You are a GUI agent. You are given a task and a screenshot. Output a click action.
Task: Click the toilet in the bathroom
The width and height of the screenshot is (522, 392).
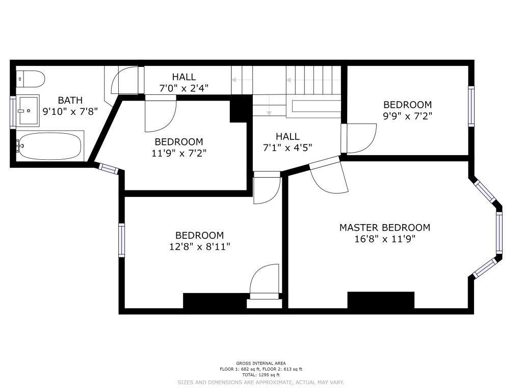click(30, 79)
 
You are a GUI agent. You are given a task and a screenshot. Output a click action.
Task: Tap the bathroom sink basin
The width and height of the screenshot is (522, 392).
click(28, 110)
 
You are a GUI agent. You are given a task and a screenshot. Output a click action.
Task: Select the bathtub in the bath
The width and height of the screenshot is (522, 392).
click(49, 146)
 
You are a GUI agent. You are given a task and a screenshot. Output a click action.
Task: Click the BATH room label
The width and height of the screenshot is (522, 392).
click(70, 100)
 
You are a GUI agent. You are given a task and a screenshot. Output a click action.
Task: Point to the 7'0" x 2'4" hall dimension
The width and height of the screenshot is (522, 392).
click(184, 88)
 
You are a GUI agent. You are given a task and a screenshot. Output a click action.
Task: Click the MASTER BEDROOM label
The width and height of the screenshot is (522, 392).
click(385, 228)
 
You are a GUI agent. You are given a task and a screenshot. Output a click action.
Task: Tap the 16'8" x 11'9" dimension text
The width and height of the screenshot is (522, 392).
click(385, 239)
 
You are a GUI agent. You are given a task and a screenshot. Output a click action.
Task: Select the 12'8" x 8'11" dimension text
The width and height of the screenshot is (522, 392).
click(199, 247)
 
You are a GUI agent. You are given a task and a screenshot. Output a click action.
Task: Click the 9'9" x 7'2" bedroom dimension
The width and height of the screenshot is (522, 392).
click(407, 116)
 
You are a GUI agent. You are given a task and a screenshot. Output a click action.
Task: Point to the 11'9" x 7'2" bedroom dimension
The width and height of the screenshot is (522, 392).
click(179, 153)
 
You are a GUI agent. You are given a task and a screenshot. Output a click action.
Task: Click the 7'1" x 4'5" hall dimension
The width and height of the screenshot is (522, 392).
click(288, 148)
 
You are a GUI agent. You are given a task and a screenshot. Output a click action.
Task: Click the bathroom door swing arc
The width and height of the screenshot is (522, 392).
click(124, 80)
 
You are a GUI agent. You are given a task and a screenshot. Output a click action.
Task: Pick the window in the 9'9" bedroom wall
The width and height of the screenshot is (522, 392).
click(471, 106)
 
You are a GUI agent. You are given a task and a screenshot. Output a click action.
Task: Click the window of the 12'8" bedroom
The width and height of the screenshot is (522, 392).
click(121, 240)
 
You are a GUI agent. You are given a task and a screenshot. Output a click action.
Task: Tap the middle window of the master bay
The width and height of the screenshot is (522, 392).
click(499, 233)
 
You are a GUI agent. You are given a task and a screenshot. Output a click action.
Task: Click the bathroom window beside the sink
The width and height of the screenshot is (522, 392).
click(13, 112)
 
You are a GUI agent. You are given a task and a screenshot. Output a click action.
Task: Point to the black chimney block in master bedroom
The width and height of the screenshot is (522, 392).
click(381, 300)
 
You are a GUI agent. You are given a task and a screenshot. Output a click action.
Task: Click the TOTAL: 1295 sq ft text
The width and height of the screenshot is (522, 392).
click(260, 375)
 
